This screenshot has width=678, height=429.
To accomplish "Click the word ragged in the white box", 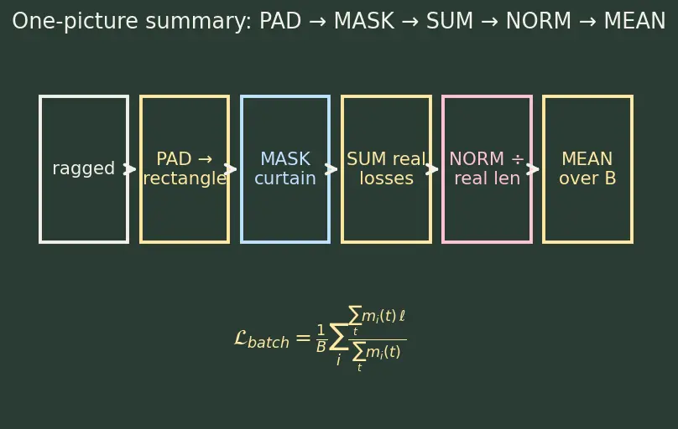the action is (x=83, y=168).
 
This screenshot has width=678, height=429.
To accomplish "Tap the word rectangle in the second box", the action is (x=185, y=178).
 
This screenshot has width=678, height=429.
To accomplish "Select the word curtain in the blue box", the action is (x=285, y=178).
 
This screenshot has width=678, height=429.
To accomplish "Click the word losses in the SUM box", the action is (x=386, y=178).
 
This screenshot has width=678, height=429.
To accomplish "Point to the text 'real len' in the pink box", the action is (x=487, y=178).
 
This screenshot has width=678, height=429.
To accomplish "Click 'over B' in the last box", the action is (x=587, y=178).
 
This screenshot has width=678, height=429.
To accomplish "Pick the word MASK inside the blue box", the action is (x=285, y=159).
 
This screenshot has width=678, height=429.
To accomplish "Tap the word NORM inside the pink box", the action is (x=477, y=159).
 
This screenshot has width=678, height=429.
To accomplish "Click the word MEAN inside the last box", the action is (x=587, y=159).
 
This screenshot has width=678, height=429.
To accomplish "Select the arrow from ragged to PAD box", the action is (x=130, y=169).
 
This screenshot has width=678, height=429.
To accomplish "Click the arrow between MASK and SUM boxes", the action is (x=331, y=169).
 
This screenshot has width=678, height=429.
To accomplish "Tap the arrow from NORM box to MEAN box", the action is (x=533, y=169).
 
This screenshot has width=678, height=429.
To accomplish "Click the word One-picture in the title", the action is (x=75, y=21).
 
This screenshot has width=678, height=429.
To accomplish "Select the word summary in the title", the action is (x=199, y=22).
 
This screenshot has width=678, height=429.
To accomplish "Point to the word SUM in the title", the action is (x=450, y=21).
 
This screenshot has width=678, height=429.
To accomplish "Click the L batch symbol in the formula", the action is (x=262, y=339).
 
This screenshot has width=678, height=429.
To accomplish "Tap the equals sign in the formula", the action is (x=303, y=338).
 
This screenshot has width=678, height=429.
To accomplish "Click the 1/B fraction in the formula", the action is (x=321, y=339).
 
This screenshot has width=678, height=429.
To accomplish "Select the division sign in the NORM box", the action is (x=518, y=159).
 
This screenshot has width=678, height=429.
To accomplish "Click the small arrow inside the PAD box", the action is (x=205, y=159).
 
